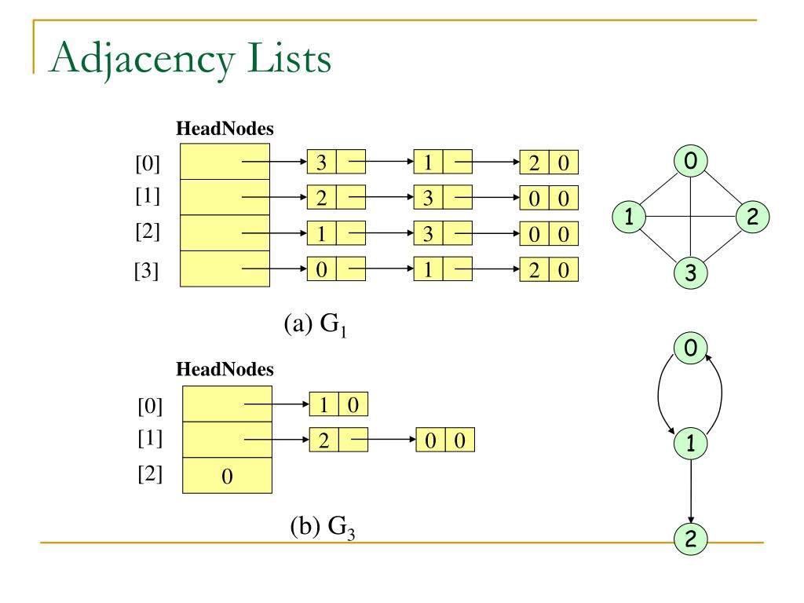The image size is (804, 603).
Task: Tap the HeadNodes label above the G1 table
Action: [x=225, y=128]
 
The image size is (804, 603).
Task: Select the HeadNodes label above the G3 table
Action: [x=225, y=369]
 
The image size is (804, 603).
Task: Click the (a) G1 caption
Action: [x=316, y=324]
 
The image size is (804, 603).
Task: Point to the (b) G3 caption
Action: [x=323, y=527]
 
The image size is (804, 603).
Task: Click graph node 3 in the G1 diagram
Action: [x=690, y=272]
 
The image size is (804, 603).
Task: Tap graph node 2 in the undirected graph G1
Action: [x=752, y=217]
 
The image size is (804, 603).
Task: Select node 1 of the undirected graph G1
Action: [x=629, y=217]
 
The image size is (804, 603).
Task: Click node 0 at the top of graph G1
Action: [x=690, y=160]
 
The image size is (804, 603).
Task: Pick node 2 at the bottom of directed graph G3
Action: [x=690, y=539]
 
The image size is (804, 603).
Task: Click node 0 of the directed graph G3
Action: [x=690, y=348]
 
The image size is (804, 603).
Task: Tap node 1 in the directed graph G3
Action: [x=690, y=443]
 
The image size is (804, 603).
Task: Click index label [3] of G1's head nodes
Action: [x=147, y=270]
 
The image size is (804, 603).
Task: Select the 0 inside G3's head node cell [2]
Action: [x=227, y=477]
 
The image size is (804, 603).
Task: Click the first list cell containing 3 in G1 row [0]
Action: [x=321, y=162]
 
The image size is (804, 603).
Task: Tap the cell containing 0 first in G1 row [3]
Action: [x=321, y=269]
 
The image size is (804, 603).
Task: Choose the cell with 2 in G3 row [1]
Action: [x=324, y=440]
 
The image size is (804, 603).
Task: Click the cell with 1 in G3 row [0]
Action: [x=324, y=404]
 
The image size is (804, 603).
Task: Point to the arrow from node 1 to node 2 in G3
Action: [x=690, y=492]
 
